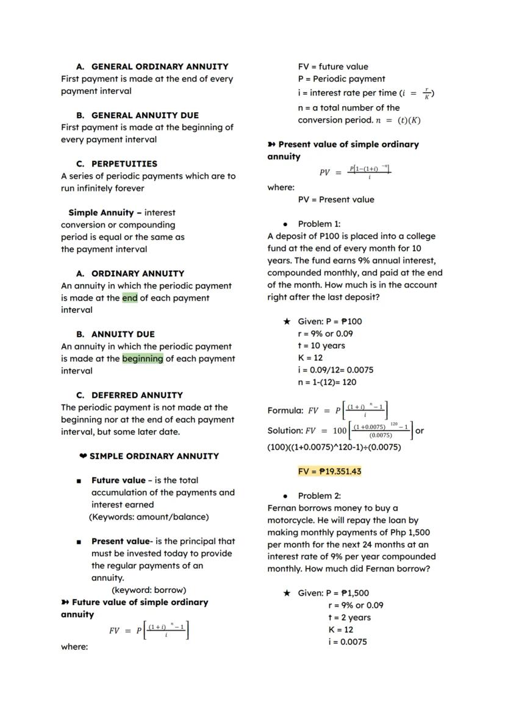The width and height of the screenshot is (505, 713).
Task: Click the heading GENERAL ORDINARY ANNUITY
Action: click(x=160, y=66)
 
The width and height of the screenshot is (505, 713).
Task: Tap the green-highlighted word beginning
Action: click(x=143, y=359)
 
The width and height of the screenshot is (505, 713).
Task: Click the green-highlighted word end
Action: click(x=130, y=298)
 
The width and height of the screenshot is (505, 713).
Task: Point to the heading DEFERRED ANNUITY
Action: click(x=137, y=395)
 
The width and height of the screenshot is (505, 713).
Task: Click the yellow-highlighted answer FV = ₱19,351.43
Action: click(x=329, y=471)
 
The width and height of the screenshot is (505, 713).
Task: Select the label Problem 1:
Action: click(x=319, y=224)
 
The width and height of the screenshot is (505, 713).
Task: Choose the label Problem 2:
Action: click(x=319, y=496)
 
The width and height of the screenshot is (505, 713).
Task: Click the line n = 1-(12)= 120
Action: click(x=327, y=382)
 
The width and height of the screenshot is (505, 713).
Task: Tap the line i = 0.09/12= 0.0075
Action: click(x=335, y=370)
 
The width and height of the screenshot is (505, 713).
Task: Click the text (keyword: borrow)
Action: click(x=149, y=590)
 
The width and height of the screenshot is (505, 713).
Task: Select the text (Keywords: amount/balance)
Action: click(x=149, y=517)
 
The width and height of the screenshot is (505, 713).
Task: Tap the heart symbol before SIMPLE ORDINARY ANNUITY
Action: click(x=83, y=456)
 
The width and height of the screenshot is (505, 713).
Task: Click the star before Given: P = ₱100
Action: click(x=287, y=321)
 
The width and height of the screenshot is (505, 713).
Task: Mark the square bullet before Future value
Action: click(x=79, y=481)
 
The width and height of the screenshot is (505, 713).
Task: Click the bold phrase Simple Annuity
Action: click(x=101, y=212)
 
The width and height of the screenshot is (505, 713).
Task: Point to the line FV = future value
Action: click(x=333, y=66)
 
